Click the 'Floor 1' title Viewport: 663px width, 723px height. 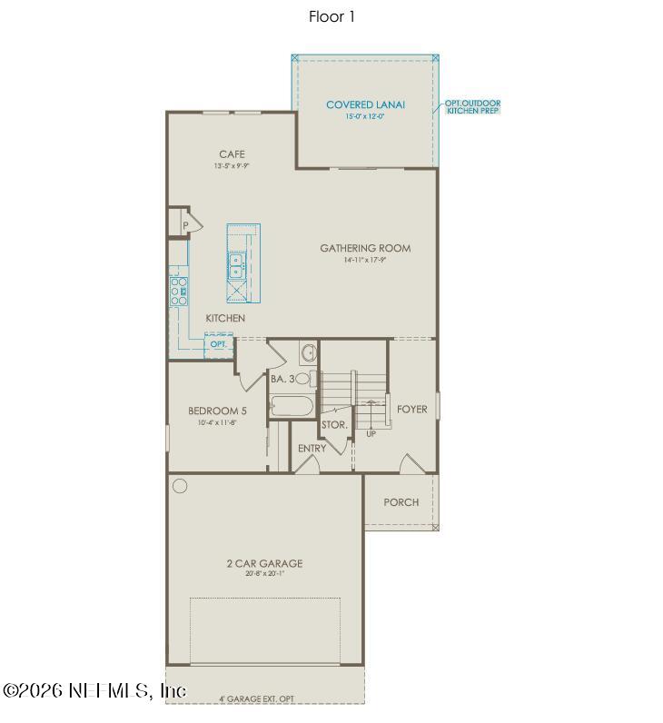(331, 16)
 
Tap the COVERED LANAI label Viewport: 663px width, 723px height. (365, 105)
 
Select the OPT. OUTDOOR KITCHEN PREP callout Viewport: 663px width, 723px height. (472, 107)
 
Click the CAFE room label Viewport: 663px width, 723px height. (232, 154)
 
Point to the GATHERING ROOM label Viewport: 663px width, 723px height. (365, 248)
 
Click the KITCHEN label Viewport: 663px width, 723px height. (225, 318)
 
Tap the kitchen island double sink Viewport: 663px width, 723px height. (236, 265)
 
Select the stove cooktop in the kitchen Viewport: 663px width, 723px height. (179, 292)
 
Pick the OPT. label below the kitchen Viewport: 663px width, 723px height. (219, 344)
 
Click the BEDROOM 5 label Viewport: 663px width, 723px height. (217, 411)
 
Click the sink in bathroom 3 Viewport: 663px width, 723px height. (307, 352)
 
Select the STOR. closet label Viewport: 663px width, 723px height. (334, 424)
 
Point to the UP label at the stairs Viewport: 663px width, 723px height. (371, 434)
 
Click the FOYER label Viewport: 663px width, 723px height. (411, 410)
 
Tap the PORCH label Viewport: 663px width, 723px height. (401, 502)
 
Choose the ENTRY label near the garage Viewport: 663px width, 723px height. (312, 449)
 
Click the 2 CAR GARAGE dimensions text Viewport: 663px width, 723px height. (264, 573)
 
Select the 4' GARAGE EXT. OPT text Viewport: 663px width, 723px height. (256, 698)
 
